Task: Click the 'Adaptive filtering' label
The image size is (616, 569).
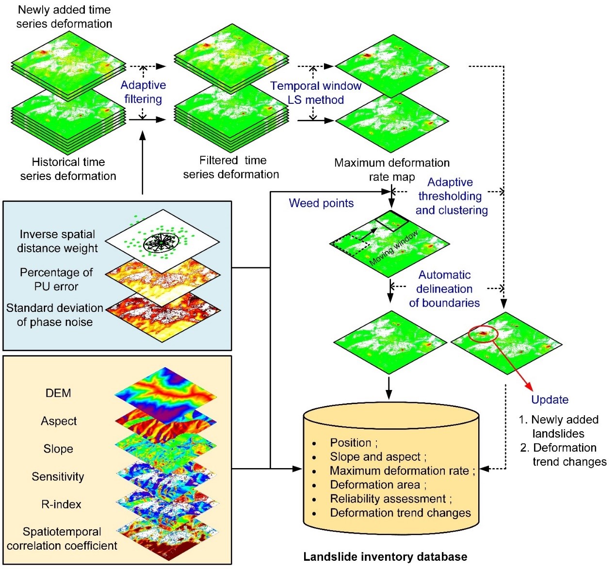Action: tap(143, 92)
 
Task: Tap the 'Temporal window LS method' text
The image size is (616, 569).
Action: tap(316, 93)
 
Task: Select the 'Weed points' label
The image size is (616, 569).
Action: tap(321, 203)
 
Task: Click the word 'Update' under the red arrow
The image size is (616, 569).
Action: tap(550, 400)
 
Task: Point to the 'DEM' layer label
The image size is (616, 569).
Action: tap(58, 393)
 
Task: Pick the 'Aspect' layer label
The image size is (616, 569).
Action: tap(59, 421)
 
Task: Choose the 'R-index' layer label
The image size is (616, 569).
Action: tap(61, 504)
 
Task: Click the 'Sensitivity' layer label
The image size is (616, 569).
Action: tap(58, 477)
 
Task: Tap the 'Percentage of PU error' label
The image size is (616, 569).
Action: tap(56, 279)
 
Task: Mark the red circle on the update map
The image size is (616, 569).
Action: tap(483, 334)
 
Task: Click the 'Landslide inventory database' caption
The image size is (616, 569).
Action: tap(385, 557)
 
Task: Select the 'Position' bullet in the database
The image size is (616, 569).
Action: tap(353, 443)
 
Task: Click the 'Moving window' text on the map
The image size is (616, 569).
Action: tap(394, 248)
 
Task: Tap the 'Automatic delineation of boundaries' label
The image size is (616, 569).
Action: tap(444, 289)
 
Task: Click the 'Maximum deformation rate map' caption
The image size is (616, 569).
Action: tap(392, 170)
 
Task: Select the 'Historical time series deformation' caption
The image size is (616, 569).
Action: tap(68, 169)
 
